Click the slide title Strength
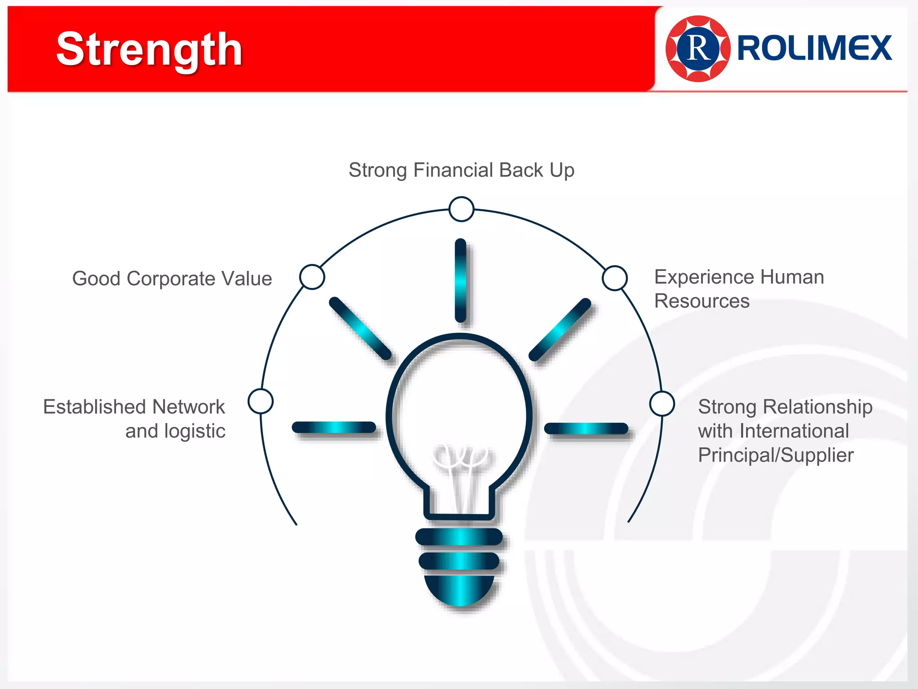pyautogui.click(x=149, y=50)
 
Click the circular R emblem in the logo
pyautogui.click(x=698, y=48)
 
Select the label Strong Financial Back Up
pyautogui.click(x=461, y=170)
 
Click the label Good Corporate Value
pyautogui.click(x=172, y=279)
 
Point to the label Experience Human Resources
pyautogui.click(x=739, y=289)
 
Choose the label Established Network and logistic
pyautogui.click(x=134, y=419)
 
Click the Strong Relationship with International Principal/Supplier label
pyautogui.click(x=785, y=431)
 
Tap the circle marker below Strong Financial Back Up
pyautogui.click(x=461, y=209)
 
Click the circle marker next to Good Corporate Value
pyautogui.click(x=312, y=277)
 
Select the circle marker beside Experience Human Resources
pyautogui.click(x=615, y=278)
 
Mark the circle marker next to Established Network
pyautogui.click(x=260, y=401)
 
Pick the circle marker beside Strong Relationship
pyautogui.click(x=662, y=404)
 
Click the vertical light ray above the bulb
pyautogui.click(x=460, y=280)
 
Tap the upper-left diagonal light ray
pyautogui.click(x=360, y=328)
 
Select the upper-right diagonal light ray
pyautogui.click(x=560, y=329)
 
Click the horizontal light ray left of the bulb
pyautogui.click(x=334, y=427)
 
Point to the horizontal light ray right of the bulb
pyautogui.click(x=586, y=428)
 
